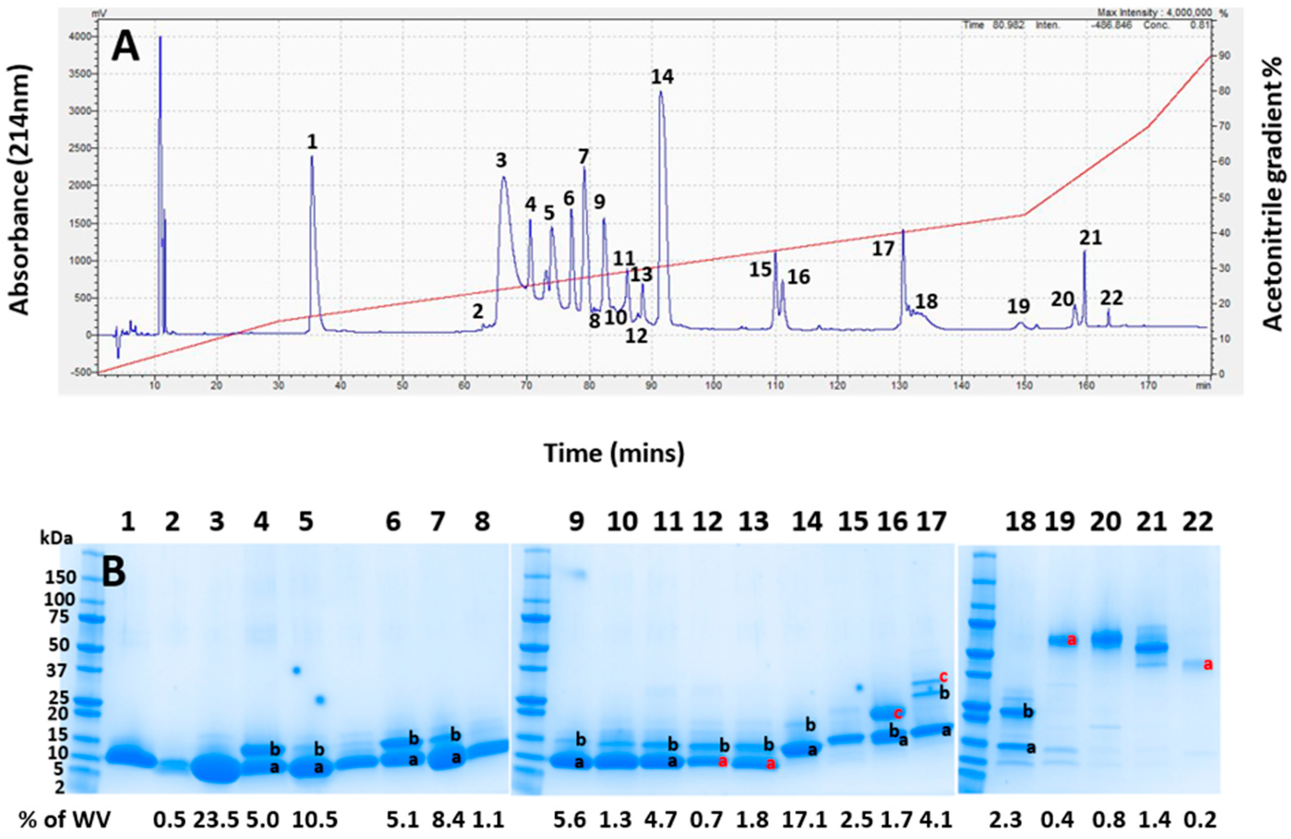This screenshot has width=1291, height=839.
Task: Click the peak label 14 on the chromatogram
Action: tap(662, 78)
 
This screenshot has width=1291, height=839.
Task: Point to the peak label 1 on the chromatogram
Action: tap(312, 142)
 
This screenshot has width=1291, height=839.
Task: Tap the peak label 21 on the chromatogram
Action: tap(1090, 238)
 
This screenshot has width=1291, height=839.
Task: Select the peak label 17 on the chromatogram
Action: tap(883, 249)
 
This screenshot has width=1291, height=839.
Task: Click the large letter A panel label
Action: tap(125, 48)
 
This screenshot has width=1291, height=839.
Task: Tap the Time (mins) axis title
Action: tap(614, 453)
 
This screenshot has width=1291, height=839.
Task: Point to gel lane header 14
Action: tap(805, 522)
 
